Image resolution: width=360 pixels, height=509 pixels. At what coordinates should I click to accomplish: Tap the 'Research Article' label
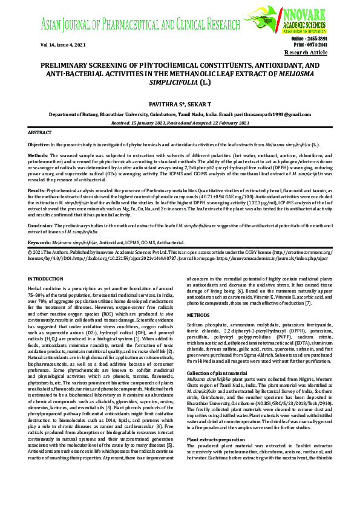click(310, 53)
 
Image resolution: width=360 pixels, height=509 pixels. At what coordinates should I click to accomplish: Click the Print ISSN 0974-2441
click(315, 45)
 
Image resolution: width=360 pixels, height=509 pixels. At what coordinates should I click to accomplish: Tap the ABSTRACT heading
click(40, 132)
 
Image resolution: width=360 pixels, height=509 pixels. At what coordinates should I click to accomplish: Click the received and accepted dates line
click(180, 122)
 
